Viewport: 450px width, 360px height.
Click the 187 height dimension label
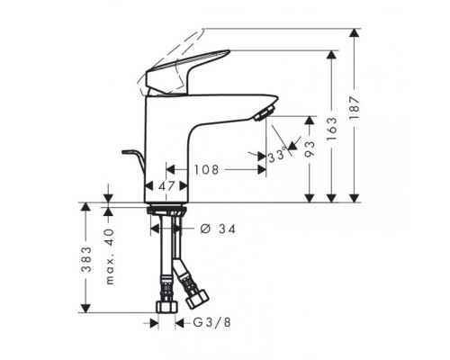click(x=355, y=108)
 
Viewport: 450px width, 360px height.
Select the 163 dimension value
click(x=332, y=129)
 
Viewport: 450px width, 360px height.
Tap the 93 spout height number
click(x=310, y=149)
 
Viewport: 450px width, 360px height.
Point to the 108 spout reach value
click(x=206, y=170)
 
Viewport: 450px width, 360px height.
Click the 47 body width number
click(x=166, y=186)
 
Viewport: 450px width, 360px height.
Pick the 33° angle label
click(x=276, y=157)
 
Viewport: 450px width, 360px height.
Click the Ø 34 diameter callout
click(x=218, y=229)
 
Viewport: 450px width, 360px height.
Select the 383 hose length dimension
click(x=86, y=259)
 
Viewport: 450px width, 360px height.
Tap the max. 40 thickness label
click(x=110, y=256)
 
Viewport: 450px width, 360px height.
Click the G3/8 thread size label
click(x=211, y=323)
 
